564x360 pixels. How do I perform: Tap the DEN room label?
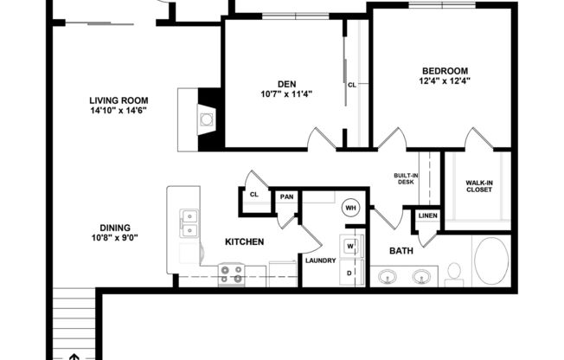pos(281,84)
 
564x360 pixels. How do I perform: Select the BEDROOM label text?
pos(445,71)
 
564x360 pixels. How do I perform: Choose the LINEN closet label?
pos(427,215)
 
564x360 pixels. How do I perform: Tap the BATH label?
pos(401,252)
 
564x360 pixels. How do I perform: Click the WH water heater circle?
pos(351,208)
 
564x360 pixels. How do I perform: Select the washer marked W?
pos(351,246)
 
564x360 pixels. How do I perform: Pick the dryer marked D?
pos(351,272)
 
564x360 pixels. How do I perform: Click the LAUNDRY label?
pos(320,260)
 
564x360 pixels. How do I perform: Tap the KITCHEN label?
pos(245,242)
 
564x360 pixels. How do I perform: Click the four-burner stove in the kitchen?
pos(230,274)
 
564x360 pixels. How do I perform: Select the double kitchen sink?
pos(189,223)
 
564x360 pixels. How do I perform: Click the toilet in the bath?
pos(453,273)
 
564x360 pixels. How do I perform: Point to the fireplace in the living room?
pos(205,119)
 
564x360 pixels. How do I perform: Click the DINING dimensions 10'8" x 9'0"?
pos(115,238)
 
